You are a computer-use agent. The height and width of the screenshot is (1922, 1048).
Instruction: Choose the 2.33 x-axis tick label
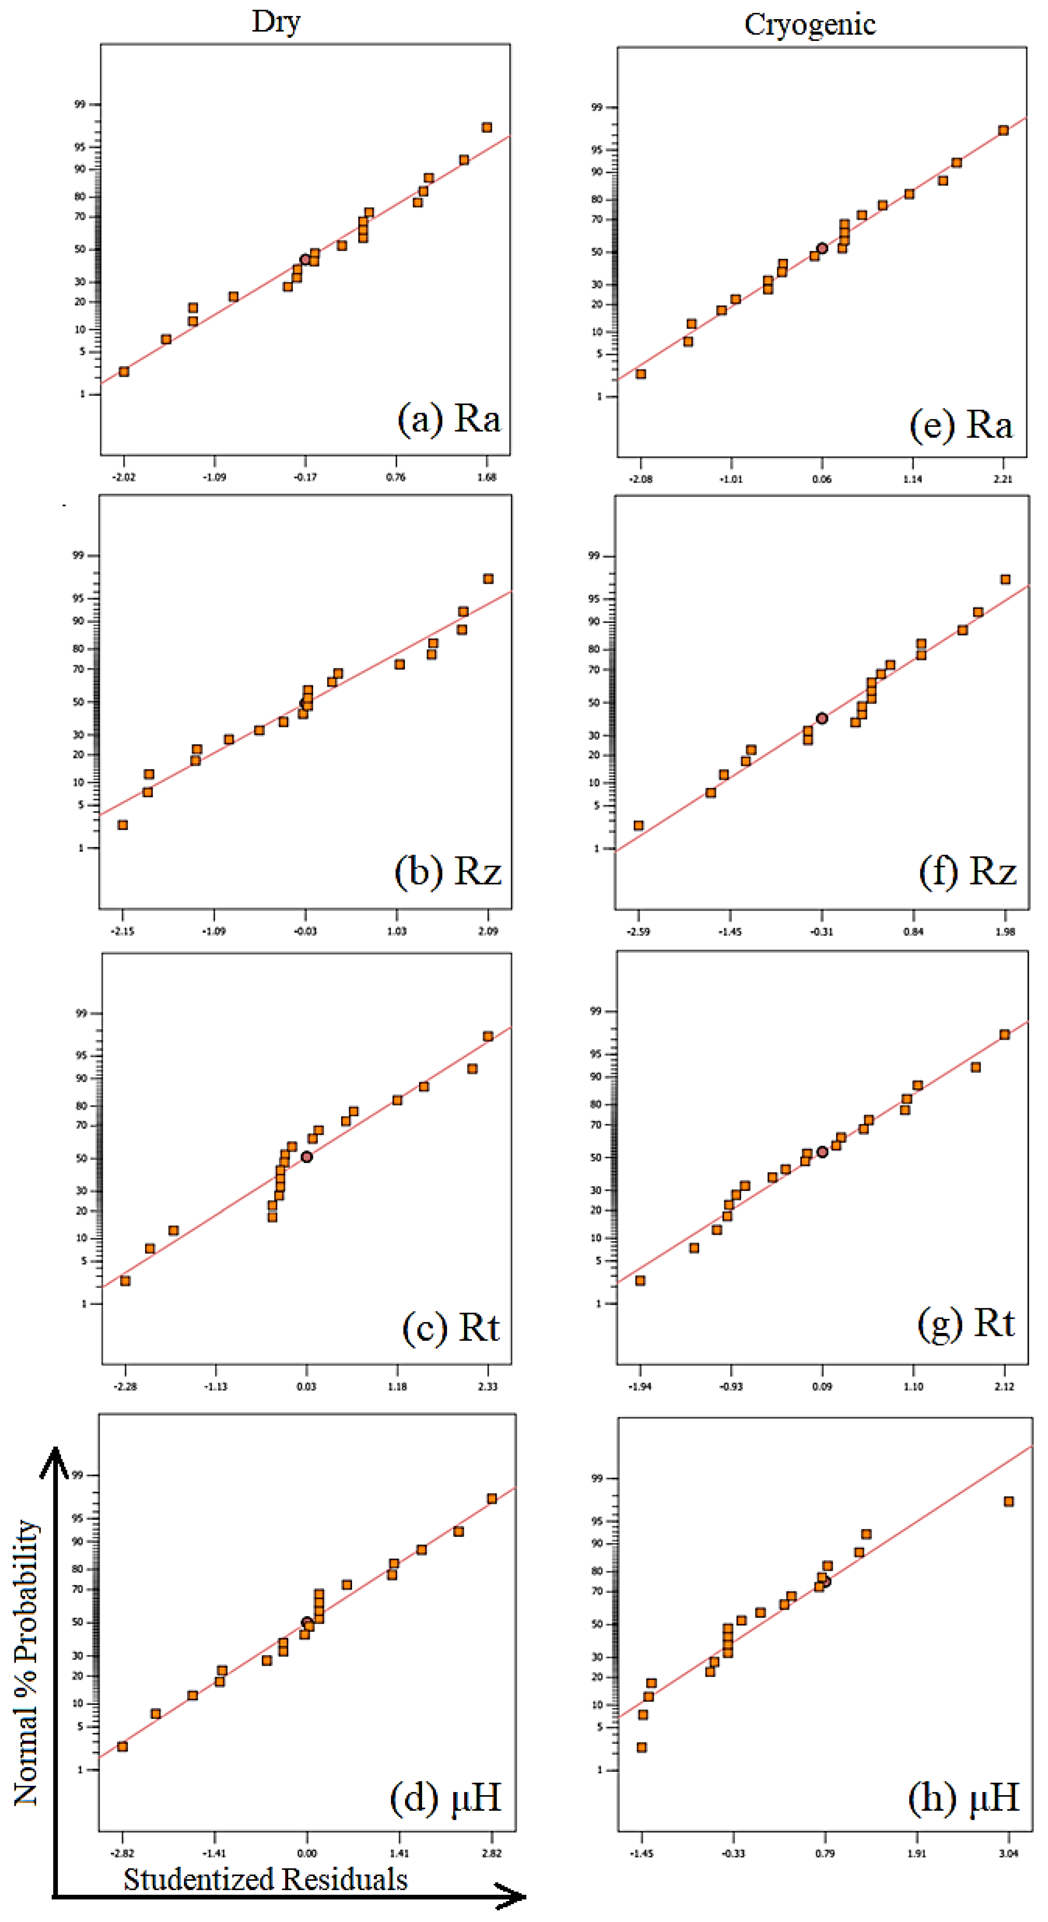point(488,1386)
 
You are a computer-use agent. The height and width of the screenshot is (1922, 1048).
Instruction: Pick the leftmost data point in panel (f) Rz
point(638,825)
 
